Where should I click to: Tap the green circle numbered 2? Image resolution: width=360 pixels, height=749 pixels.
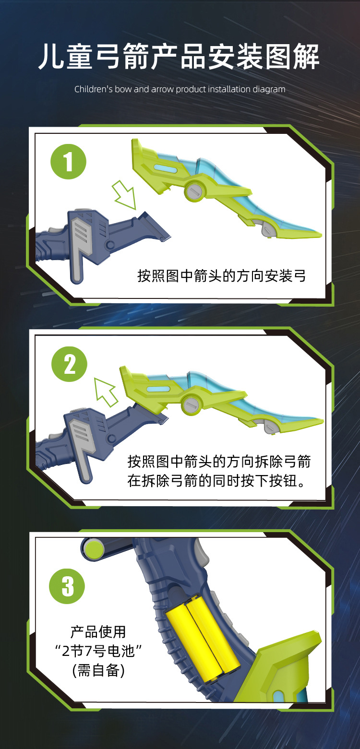tap(70, 364)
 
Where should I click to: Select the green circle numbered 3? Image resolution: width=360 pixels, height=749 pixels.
tap(67, 586)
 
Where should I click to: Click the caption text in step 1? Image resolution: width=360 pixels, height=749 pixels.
tap(222, 276)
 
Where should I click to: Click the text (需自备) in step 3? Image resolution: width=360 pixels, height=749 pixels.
tap(98, 670)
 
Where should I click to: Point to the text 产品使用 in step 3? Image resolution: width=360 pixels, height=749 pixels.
tap(98, 632)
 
